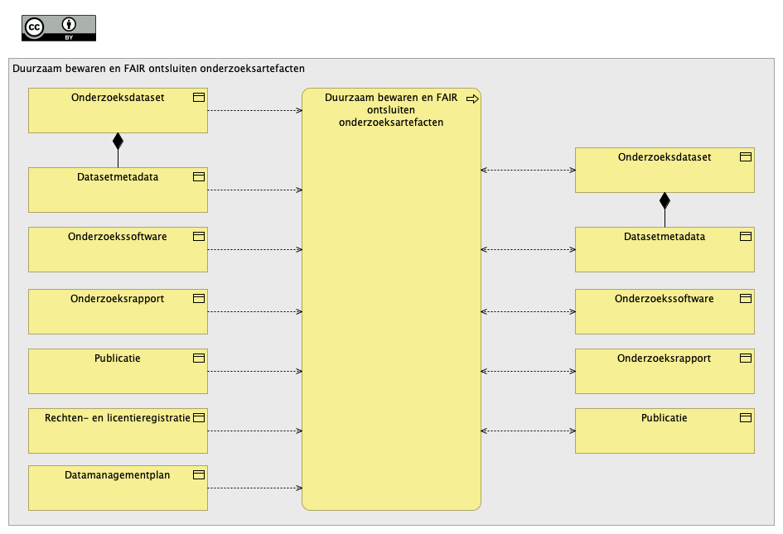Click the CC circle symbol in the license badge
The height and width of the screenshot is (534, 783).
(x=35, y=27)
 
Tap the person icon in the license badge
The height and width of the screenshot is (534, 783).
(x=69, y=25)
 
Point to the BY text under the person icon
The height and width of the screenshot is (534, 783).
(x=69, y=37)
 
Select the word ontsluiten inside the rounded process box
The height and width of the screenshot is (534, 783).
(x=391, y=110)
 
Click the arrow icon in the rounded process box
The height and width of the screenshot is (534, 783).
(x=472, y=99)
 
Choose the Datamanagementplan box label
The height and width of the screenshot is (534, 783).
(x=118, y=475)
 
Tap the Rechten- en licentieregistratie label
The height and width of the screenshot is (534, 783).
(x=118, y=418)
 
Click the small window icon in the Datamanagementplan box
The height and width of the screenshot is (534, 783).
(x=199, y=474)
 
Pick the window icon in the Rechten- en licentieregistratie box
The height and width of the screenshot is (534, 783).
(x=199, y=418)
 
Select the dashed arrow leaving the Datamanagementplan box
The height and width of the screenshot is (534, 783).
(x=254, y=488)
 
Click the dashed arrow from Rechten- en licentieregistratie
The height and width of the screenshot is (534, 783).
(x=254, y=431)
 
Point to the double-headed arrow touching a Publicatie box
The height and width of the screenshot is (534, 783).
(x=528, y=431)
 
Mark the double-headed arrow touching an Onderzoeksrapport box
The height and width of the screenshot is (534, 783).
(x=528, y=371)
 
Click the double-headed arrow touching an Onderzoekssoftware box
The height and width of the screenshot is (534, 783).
(x=528, y=311)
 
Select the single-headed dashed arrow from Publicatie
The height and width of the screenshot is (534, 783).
(x=254, y=371)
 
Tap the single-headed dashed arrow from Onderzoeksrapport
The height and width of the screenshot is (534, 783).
(x=254, y=311)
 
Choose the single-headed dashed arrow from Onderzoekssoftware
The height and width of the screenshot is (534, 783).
(x=254, y=249)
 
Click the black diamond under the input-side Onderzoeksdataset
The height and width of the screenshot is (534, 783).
(x=118, y=142)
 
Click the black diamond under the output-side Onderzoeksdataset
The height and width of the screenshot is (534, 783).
(x=665, y=200)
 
